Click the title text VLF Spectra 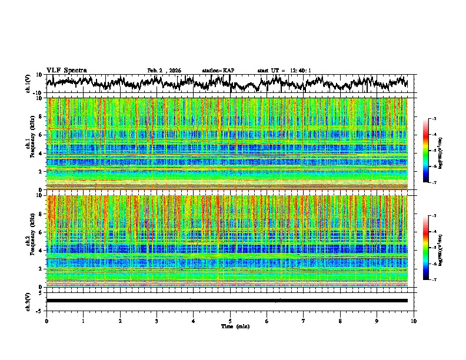pos(66,70)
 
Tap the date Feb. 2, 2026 pos(164,71)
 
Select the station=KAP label pos(218,71)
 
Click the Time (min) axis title pos(235,326)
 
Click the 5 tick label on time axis pos(230,321)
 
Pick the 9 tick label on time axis pos(377,321)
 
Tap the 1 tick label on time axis pos(83,321)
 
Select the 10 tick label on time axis pos(414,321)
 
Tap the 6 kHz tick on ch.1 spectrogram pos(41,135)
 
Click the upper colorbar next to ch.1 pos(432,151)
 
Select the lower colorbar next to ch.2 pos(432,248)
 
